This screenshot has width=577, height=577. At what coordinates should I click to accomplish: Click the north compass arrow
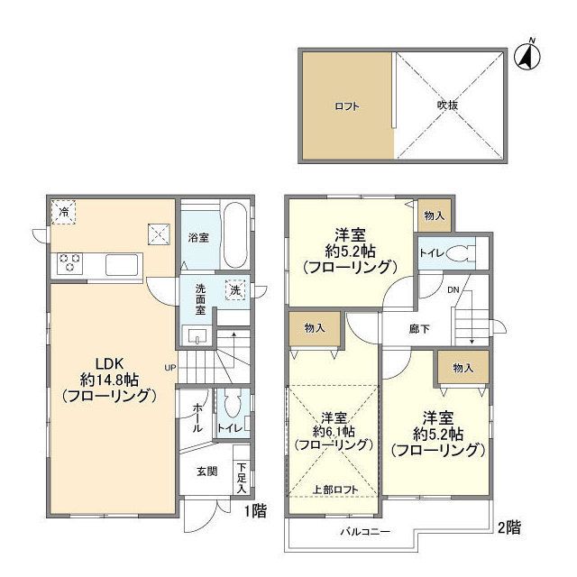click(527, 54)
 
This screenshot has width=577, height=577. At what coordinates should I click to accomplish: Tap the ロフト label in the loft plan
click(346, 106)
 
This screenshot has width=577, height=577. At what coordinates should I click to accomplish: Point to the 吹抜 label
click(447, 105)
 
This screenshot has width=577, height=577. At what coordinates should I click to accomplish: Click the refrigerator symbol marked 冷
click(63, 212)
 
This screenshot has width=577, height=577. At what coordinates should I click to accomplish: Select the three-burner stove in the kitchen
click(69, 263)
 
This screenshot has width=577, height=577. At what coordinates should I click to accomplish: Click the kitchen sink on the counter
click(122, 264)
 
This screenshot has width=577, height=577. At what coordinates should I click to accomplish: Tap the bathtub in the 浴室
click(235, 234)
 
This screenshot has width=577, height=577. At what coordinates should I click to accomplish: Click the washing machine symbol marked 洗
click(234, 290)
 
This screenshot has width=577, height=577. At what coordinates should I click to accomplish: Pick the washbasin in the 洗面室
click(197, 336)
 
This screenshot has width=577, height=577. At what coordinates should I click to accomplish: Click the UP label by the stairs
click(170, 367)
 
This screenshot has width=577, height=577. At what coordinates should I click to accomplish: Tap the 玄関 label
click(206, 471)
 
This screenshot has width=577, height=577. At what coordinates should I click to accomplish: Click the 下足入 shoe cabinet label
click(241, 478)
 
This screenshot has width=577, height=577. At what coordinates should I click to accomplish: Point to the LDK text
click(109, 363)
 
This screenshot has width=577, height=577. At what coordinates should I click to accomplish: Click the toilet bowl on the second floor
click(457, 253)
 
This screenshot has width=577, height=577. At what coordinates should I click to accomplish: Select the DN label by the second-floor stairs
click(453, 290)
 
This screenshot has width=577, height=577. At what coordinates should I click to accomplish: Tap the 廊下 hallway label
click(419, 328)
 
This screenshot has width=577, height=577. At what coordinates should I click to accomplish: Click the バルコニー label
click(365, 531)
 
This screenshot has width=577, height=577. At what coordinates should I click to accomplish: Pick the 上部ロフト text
click(334, 490)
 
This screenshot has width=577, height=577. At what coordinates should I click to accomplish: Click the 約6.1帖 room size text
click(334, 431)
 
